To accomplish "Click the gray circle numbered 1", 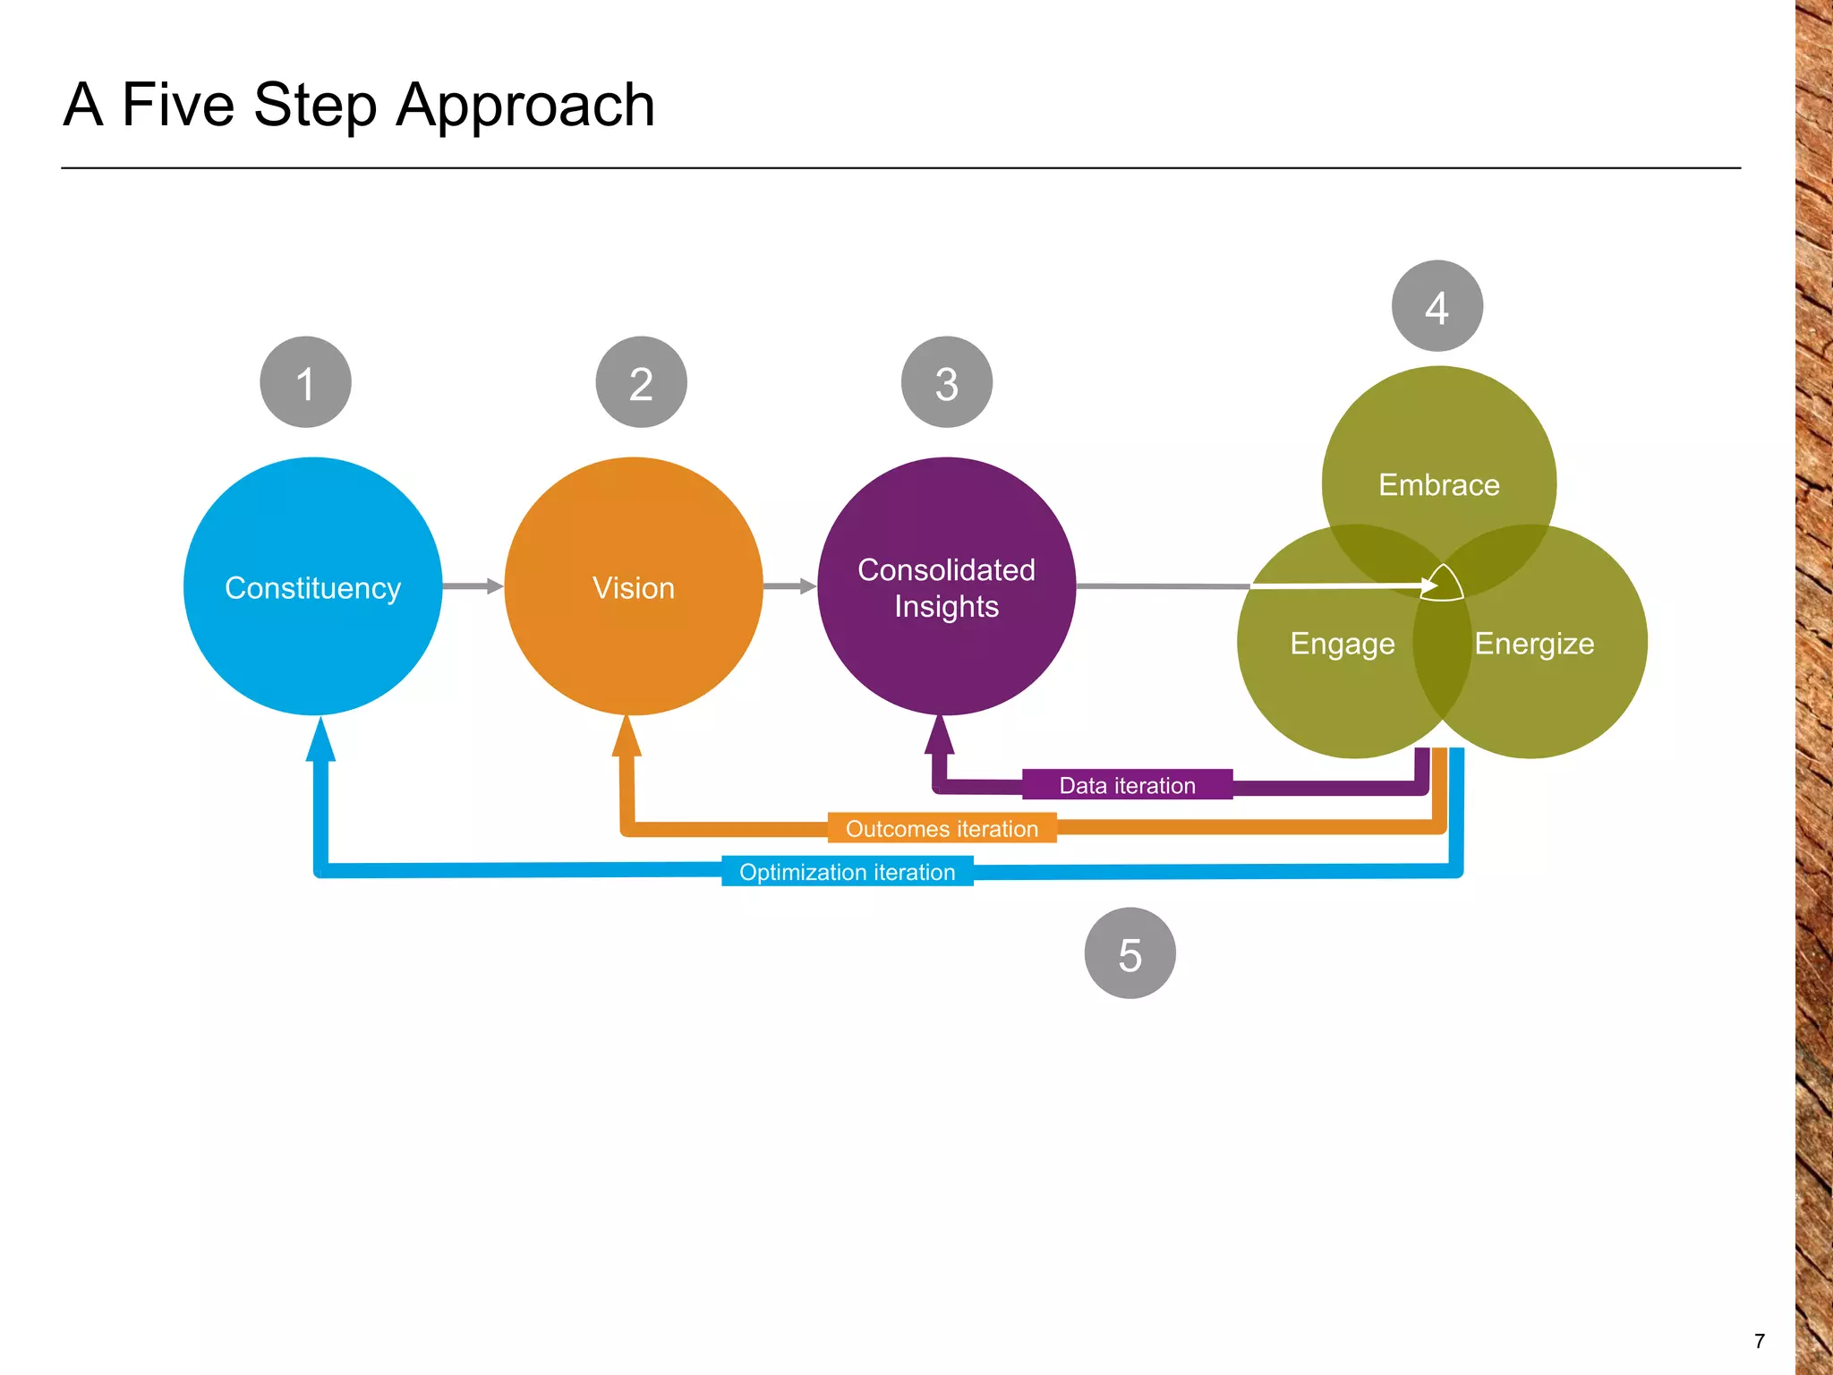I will click(305, 382).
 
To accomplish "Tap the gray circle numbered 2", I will click(641, 382).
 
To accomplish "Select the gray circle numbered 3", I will click(946, 382).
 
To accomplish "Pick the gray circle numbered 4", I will click(1437, 306).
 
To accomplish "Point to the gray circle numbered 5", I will click(1130, 953).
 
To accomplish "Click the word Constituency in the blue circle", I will click(312, 588).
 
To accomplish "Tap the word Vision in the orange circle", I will click(633, 588).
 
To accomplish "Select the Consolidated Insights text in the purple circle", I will click(946, 588).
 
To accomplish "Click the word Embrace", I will click(1438, 485).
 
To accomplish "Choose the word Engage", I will click(1342, 644).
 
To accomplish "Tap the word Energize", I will click(1534, 644).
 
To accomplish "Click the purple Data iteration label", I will click(1127, 785).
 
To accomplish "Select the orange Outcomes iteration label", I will click(942, 828).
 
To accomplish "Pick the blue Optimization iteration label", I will click(847, 871).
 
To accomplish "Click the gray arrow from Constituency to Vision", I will click(473, 586).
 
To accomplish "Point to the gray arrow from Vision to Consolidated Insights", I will click(789, 586).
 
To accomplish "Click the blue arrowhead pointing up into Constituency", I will click(320, 740).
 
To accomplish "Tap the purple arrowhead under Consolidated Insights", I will click(939, 736).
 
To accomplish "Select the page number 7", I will click(1759, 1341).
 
